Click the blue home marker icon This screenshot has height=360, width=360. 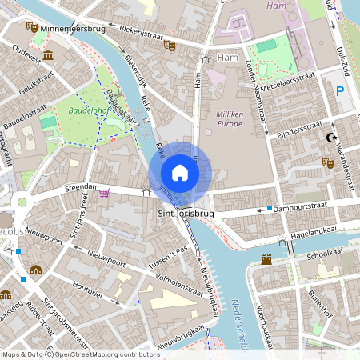click(x=180, y=173)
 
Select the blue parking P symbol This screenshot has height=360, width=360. click(x=340, y=91)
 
